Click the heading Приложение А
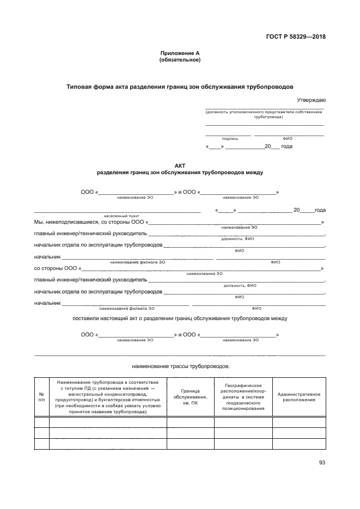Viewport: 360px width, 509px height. click(x=180, y=53)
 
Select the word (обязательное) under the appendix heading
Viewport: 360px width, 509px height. click(x=180, y=60)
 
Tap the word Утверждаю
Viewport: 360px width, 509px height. click(x=311, y=100)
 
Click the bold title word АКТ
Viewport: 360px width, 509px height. click(x=180, y=165)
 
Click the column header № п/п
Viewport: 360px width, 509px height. click(x=41, y=397)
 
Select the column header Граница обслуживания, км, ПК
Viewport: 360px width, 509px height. click(x=190, y=397)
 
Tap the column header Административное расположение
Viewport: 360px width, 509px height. click(x=298, y=397)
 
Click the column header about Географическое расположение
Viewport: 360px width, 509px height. click(x=243, y=397)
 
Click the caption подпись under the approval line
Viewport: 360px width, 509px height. click(x=229, y=139)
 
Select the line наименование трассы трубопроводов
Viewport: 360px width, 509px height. click(x=180, y=366)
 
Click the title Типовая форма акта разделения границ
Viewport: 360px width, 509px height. click(x=180, y=87)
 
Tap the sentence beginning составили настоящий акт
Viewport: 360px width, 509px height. click(x=180, y=318)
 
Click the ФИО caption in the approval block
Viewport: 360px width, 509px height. click(x=288, y=139)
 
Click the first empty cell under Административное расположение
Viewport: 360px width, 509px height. click(x=298, y=422)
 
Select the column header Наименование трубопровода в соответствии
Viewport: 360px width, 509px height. click(x=108, y=397)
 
